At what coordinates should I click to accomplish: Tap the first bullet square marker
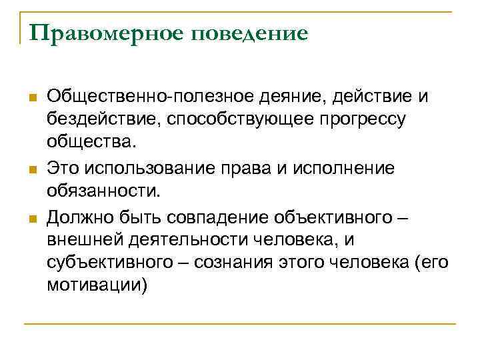pos(32,98)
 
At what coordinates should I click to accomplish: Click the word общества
pos(90,143)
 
